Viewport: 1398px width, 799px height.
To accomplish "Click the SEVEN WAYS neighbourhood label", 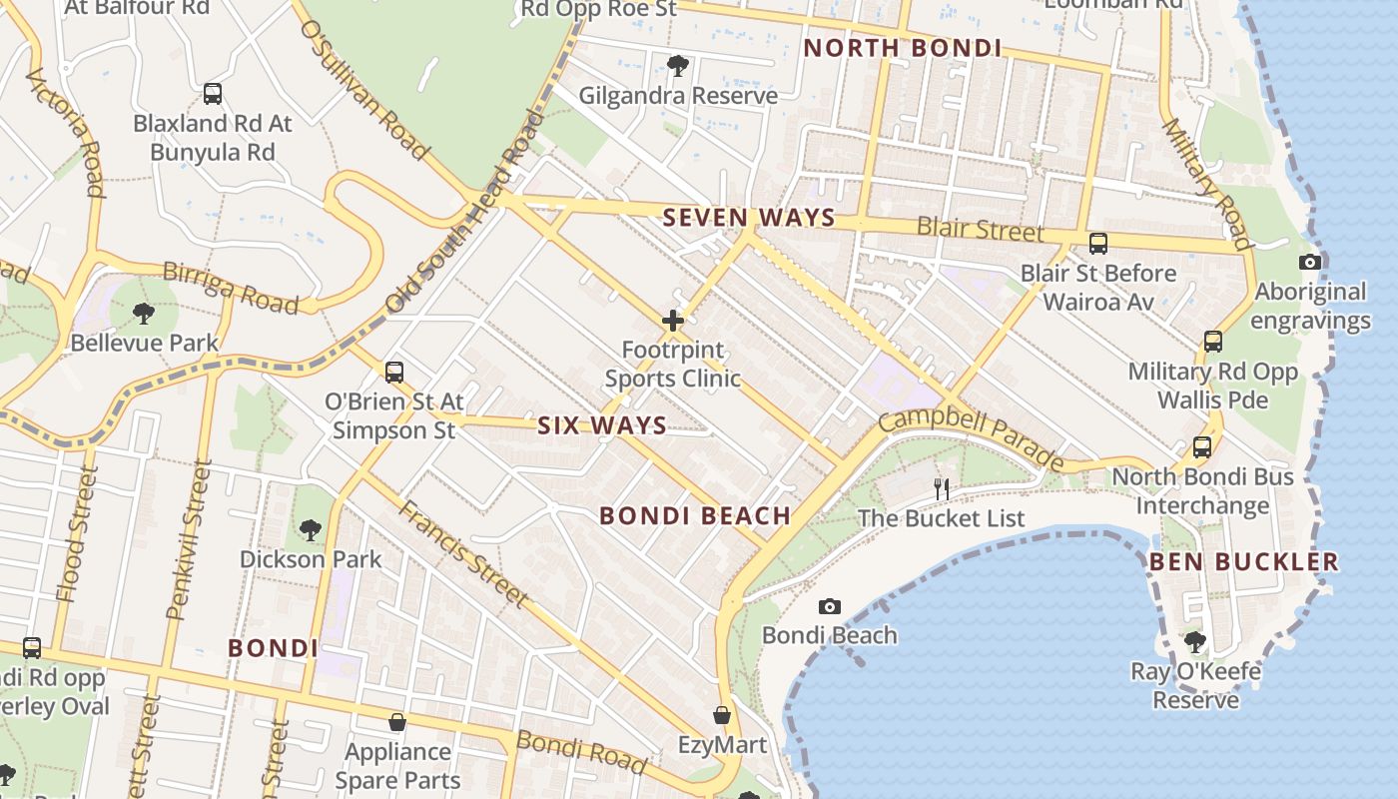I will (749, 218).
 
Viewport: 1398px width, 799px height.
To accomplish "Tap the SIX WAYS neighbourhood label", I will (602, 425).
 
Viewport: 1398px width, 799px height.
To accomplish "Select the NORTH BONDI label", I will (903, 48).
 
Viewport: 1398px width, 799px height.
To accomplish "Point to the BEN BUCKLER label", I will (1243, 561).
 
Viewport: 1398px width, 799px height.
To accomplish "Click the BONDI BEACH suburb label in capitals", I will (695, 515).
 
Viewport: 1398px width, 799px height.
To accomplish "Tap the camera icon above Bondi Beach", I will (829, 606).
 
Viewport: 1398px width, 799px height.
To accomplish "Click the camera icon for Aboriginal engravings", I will (1309, 263).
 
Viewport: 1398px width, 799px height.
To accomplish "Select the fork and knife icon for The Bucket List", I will (941, 488).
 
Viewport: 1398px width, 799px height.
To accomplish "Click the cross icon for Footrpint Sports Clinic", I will (673, 321).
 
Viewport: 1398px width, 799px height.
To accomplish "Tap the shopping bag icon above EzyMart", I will (722, 715).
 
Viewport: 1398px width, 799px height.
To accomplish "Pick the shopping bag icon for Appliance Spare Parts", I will (397, 721).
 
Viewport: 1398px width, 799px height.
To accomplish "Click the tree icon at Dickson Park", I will (311, 529).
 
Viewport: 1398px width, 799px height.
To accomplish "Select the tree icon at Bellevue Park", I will (144, 314).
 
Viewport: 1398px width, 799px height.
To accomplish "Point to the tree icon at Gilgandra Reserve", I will (678, 66).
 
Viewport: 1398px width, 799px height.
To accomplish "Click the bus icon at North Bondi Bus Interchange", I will (1202, 447).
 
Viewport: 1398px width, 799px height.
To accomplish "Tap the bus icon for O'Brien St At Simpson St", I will (394, 373).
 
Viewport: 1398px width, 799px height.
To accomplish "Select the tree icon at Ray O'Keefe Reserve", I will (1195, 641).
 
